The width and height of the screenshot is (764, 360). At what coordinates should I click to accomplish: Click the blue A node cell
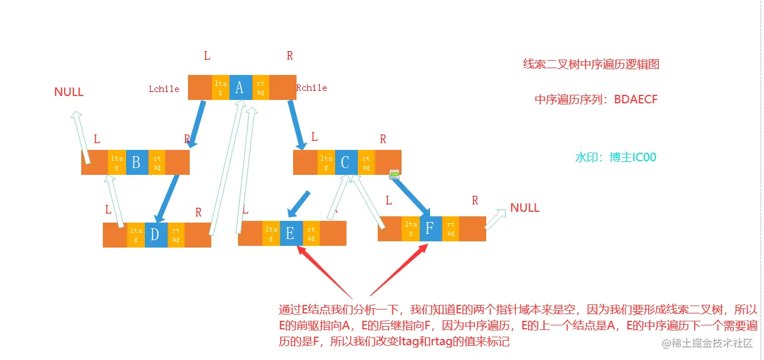click(x=240, y=87)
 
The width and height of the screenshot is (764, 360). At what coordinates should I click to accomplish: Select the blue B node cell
click(x=136, y=162)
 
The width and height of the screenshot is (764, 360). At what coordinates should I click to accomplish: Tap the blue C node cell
click(x=346, y=162)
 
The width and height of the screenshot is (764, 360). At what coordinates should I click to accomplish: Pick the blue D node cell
click(x=155, y=235)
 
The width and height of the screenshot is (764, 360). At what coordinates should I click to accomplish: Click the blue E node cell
click(x=291, y=233)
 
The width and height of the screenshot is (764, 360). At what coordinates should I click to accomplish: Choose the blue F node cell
click(x=431, y=229)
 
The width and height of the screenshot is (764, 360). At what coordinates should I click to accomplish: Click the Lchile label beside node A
click(x=164, y=89)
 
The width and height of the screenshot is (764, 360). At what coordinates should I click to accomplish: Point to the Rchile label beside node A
click(x=311, y=88)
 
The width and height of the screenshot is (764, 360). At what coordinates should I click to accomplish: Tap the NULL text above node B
click(x=69, y=92)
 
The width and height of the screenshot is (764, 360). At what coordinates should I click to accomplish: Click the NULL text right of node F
click(x=525, y=208)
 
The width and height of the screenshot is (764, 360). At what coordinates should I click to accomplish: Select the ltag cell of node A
click(x=220, y=87)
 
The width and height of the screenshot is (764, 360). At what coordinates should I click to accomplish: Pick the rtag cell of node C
click(x=366, y=162)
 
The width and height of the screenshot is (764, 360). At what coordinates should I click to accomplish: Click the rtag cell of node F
click(x=450, y=229)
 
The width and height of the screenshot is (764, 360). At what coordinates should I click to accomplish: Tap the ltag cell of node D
click(x=136, y=235)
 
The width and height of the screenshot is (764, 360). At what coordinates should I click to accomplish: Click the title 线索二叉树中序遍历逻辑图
click(x=591, y=64)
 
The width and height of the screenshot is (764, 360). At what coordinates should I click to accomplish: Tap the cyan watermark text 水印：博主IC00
click(x=616, y=157)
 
